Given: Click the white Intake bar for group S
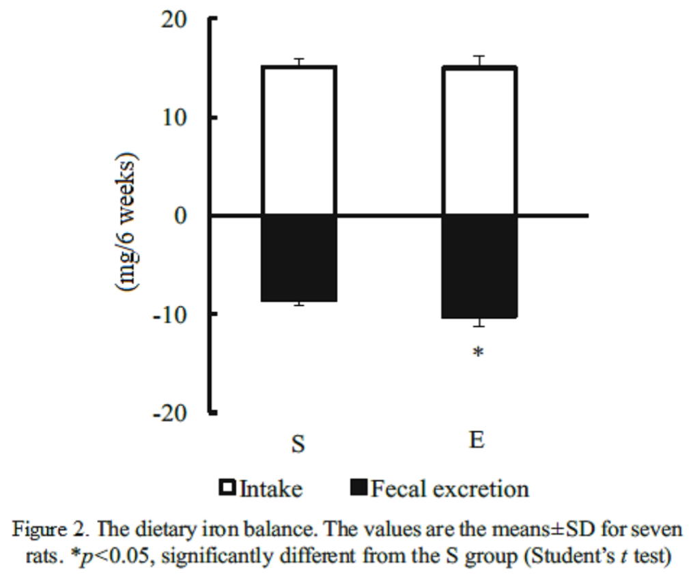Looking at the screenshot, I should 298,140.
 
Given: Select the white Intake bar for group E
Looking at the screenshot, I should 480,140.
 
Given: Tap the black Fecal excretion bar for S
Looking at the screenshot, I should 298,258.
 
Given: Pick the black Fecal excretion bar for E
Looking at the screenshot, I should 480,266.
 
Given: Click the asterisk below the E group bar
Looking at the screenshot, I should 479,353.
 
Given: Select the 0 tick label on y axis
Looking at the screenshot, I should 182,216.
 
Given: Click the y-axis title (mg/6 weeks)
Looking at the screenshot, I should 128,221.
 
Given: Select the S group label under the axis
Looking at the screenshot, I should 298,444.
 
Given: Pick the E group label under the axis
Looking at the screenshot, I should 477,440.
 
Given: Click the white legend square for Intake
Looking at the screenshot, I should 227,487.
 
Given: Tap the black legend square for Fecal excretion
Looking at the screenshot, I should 358,487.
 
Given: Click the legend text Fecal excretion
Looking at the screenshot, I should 450,489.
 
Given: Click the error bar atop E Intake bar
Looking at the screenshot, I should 481,61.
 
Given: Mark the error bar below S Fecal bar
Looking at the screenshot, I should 299,303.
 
